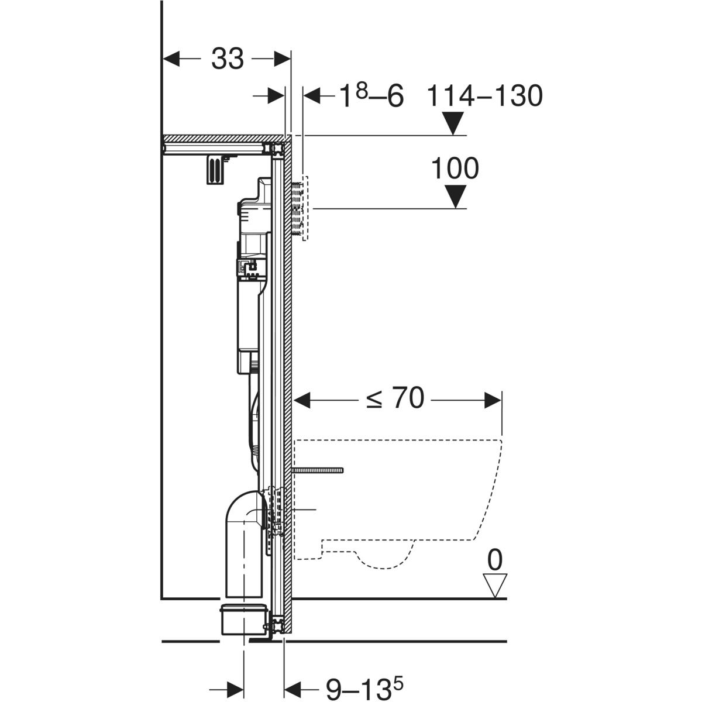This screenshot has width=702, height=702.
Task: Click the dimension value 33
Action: tap(227, 58)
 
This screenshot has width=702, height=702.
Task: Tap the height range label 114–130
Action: tap(484, 96)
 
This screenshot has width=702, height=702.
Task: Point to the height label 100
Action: tap(455, 168)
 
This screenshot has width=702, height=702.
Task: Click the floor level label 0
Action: tap(495, 560)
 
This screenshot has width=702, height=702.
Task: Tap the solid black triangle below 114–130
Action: tap(453, 123)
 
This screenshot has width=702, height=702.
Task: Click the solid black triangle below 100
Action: tap(455, 196)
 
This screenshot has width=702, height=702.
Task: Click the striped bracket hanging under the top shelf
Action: tap(215, 170)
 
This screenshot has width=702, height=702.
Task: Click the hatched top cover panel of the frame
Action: tap(222, 139)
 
